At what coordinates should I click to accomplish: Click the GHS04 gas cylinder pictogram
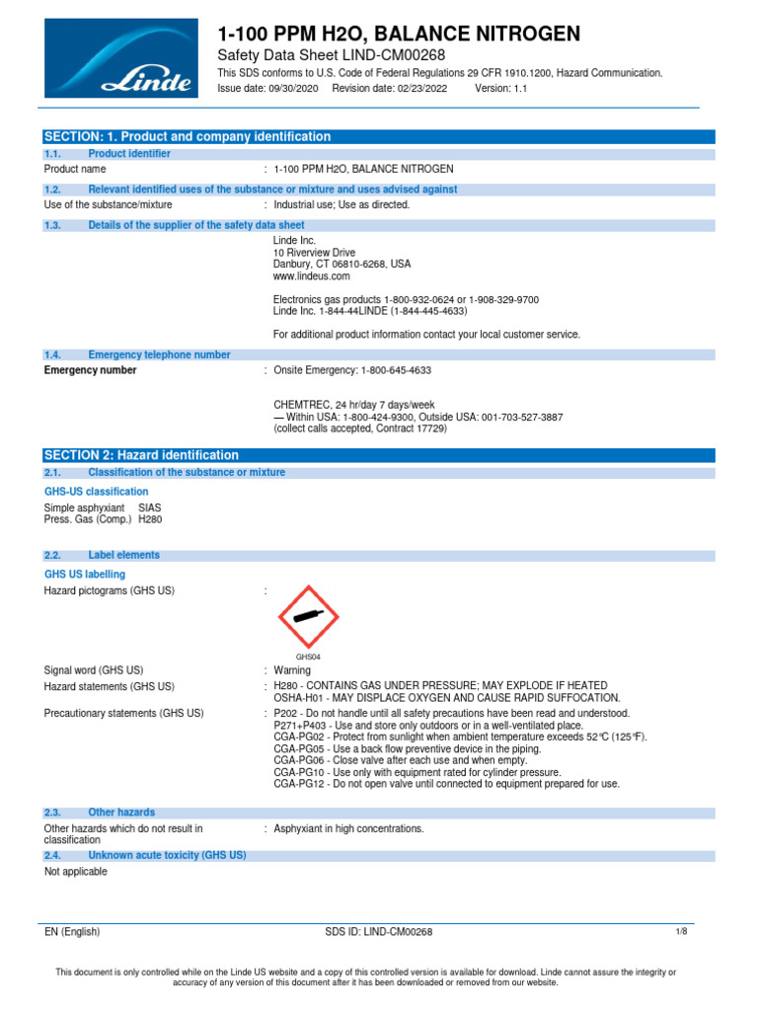[x=309, y=618]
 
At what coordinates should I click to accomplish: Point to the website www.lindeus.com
[x=311, y=276]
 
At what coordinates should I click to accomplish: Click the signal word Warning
[x=292, y=670]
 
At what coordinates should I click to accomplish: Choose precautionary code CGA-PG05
[x=300, y=748]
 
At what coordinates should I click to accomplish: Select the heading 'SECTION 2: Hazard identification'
[x=142, y=455]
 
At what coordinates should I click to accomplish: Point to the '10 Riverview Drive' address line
[x=314, y=253]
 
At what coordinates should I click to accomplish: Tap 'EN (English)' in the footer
[x=72, y=931]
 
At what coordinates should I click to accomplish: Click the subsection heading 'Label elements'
[x=123, y=555]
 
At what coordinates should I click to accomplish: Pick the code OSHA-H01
[x=299, y=697]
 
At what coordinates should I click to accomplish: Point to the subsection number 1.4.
[x=53, y=354]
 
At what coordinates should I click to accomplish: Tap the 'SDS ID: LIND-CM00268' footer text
[x=378, y=931]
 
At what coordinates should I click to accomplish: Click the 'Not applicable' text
[x=76, y=872]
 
